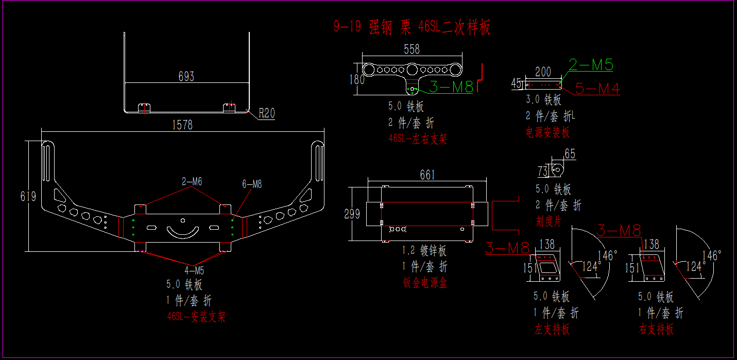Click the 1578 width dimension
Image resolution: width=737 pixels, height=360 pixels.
coord(184,125)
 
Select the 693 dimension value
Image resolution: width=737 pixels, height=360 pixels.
coord(186,77)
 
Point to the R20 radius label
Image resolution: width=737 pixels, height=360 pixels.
coord(267,113)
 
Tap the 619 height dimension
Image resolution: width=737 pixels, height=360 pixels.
coord(28,196)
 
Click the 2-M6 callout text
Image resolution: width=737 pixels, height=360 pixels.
coord(192,181)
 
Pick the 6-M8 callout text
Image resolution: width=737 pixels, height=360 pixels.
coord(252,184)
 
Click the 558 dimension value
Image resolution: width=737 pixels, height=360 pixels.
coord(412,49)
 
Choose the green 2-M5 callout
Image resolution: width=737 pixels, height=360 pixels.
coord(591,65)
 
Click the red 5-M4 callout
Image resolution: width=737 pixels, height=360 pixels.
coord(597,89)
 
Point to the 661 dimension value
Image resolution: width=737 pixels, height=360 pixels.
coord(427,175)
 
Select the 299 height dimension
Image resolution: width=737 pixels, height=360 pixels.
coord(352,214)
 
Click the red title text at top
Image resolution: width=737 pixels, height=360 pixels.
coord(412,27)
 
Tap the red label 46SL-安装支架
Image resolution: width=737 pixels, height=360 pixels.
coord(196,316)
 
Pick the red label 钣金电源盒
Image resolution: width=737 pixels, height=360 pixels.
coord(425,283)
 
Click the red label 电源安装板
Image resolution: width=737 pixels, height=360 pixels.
coord(548,132)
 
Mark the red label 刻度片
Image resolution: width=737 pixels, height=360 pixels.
coord(549,221)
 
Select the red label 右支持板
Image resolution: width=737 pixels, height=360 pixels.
coord(656,329)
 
